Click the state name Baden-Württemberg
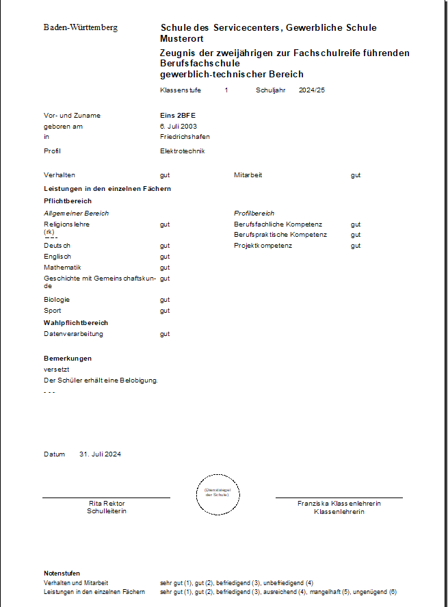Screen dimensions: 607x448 tap(81, 27)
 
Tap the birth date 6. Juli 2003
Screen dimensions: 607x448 tap(179, 126)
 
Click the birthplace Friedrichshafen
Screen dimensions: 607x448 tap(181, 136)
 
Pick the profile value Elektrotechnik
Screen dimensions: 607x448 tap(183, 151)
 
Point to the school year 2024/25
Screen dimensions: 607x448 tap(312, 90)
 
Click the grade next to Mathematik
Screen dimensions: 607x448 tap(165, 268)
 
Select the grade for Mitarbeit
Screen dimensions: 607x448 tap(356, 175)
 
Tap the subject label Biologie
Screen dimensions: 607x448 tap(57, 300)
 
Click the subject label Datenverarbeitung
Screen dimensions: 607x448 tap(74, 334)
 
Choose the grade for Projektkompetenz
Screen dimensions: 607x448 tap(356, 246)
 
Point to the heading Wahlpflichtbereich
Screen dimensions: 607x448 tap(76, 322)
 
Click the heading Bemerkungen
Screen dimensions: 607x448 tap(68, 358)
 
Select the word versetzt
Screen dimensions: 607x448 tap(57, 369)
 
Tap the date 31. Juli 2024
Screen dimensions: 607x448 tap(100, 454)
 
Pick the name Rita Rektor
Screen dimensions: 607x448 tap(107, 504)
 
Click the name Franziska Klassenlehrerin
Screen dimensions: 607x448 tap(339, 504)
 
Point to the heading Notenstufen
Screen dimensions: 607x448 tap(62, 573)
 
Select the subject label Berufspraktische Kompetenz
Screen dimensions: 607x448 tap(280, 235)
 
